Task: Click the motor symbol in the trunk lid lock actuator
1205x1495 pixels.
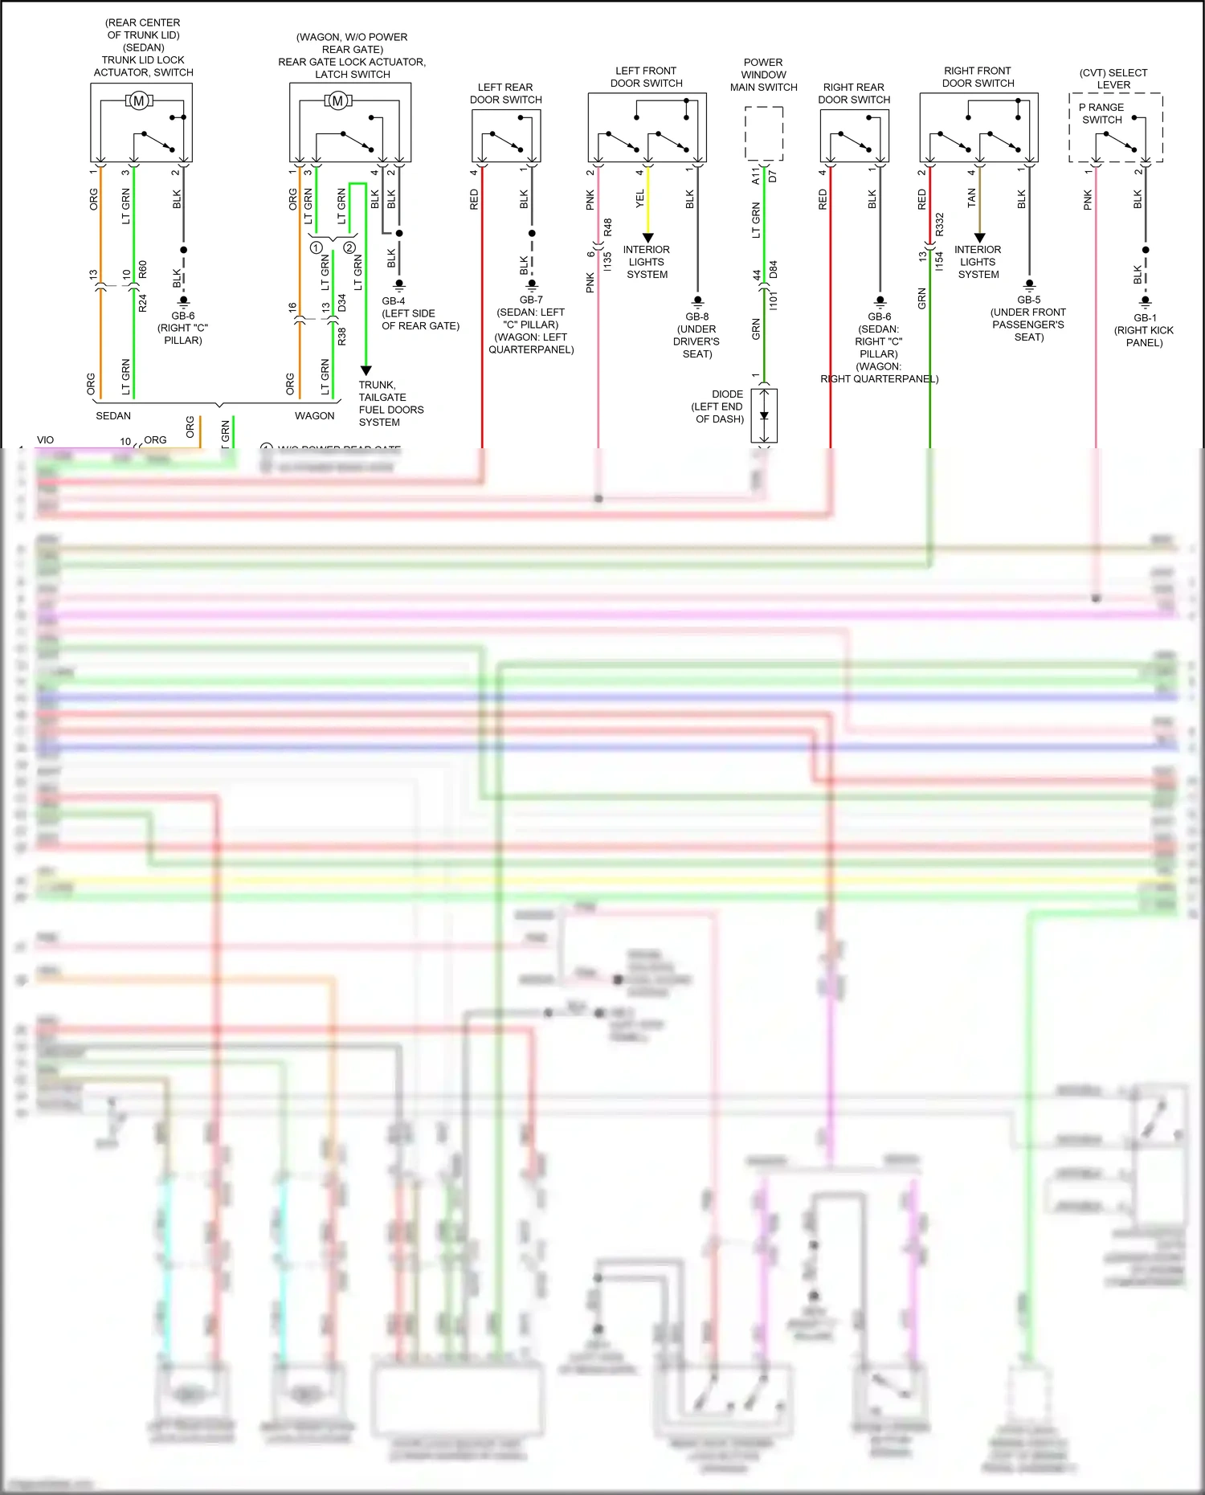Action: (x=139, y=100)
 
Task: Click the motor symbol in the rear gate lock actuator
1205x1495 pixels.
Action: (x=338, y=100)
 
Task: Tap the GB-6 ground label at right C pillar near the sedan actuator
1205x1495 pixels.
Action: (x=183, y=316)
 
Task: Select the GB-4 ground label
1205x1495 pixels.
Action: (x=394, y=301)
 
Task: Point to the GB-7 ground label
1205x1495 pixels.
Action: (x=531, y=300)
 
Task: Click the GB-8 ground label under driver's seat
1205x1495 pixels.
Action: (x=697, y=317)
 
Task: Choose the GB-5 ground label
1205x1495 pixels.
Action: (x=1029, y=300)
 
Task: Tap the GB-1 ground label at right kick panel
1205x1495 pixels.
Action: (x=1146, y=317)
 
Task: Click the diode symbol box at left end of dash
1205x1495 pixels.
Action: (x=764, y=415)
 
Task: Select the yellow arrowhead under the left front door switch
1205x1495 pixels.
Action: (x=648, y=238)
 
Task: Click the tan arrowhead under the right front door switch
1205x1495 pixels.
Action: (x=979, y=238)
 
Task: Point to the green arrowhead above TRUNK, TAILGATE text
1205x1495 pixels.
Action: (x=366, y=370)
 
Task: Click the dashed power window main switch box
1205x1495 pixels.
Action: (x=764, y=133)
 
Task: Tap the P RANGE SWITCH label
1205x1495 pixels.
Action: (x=1101, y=113)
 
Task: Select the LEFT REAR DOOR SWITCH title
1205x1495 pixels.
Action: (x=505, y=93)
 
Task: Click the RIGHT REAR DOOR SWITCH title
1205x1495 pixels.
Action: (x=854, y=93)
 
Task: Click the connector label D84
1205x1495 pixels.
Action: (x=773, y=270)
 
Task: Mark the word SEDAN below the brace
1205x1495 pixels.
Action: (x=113, y=415)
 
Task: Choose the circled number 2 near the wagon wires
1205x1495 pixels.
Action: (x=349, y=247)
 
